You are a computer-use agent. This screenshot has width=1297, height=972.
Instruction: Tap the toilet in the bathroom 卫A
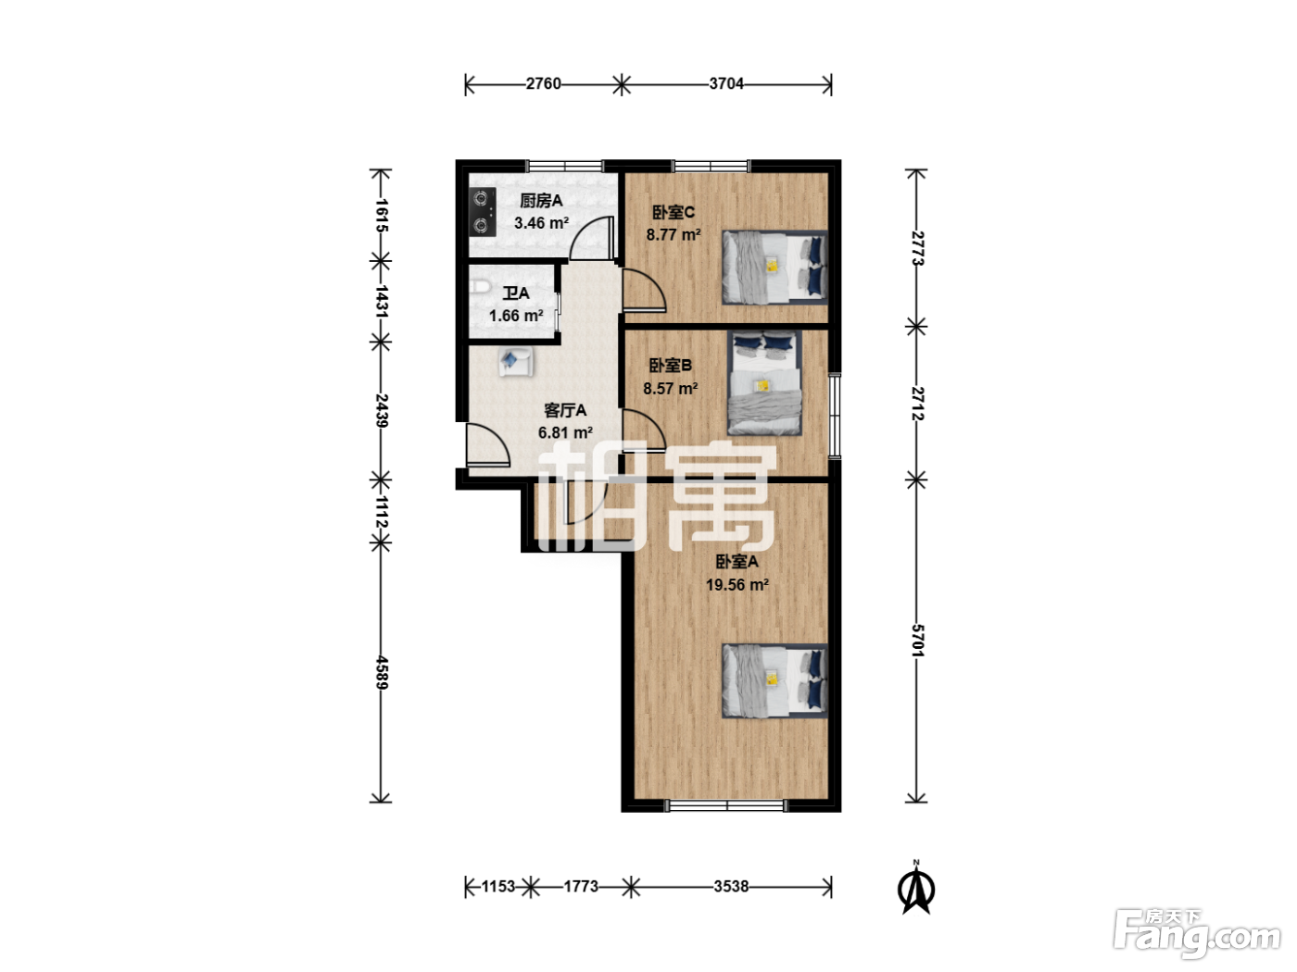point(481,287)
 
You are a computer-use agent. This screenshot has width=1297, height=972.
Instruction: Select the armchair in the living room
point(515,361)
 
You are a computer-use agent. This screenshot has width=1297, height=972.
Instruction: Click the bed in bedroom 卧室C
point(774,268)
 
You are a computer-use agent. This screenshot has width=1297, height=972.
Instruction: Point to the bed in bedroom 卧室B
point(764,383)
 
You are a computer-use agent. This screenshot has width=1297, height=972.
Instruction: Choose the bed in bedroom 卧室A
point(774,681)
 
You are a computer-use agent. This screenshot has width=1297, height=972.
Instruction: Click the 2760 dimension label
point(543,84)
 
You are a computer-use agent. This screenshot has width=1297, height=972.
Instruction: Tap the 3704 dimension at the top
point(726,84)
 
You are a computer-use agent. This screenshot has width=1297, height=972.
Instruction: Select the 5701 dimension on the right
point(916,641)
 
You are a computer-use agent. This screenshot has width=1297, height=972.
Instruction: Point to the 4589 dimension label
point(381,672)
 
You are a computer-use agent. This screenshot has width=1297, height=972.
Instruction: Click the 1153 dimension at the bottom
point(498,887)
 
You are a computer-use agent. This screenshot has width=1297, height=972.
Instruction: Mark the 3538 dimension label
point(731,887)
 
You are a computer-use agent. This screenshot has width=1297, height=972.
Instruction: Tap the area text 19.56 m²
point(737,585)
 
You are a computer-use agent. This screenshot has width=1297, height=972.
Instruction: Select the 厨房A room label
point(541,201)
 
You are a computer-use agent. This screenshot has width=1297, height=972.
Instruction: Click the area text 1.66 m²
point(516,316)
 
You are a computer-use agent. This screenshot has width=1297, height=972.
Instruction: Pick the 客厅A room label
point(565,410)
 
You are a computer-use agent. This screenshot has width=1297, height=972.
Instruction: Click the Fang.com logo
point(1197,934)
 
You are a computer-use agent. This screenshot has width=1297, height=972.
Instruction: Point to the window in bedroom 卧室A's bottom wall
point(727,805)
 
